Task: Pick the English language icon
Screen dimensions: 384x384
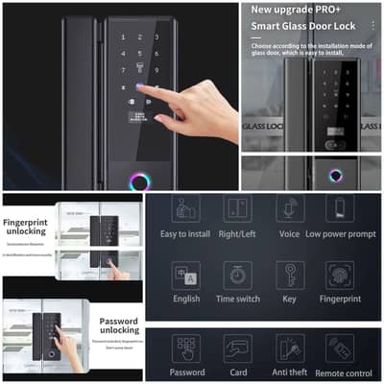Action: pyautogui.click(x=185, y=276)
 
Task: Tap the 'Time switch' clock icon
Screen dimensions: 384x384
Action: pyautogui.click(x=236, y=276)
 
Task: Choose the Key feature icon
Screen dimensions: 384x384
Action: pyautogui.click(x=289, y=276)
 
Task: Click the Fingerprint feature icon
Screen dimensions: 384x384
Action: pyautogui.click(x=339, y=276)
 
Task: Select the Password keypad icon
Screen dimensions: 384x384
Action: pyautogui.click(x=185, y=348)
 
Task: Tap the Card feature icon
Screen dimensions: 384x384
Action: pyautogui.click(x=236, y=348)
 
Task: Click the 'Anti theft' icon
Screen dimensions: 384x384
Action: pyautogui.click(x=289, y=348)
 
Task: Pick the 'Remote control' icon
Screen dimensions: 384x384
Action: pyautogui.click(x=339, y=348)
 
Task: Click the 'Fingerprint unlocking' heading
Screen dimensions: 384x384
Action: pyautogui.click(x=32, y=228)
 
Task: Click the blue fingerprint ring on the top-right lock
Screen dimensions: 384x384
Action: pyautogui.click(x=335, y=177)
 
